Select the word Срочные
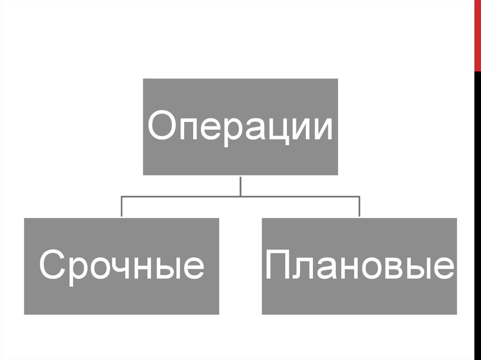[121, 266]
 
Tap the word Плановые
[359, 266]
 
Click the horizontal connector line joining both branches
[240, 196]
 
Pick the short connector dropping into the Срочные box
[122, 207]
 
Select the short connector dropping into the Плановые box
[359, 207]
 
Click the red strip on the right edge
[477, 35]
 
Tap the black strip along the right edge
[477, 211]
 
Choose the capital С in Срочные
[51, 265]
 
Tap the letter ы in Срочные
[168, 269]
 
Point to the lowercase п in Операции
[192, 129]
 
